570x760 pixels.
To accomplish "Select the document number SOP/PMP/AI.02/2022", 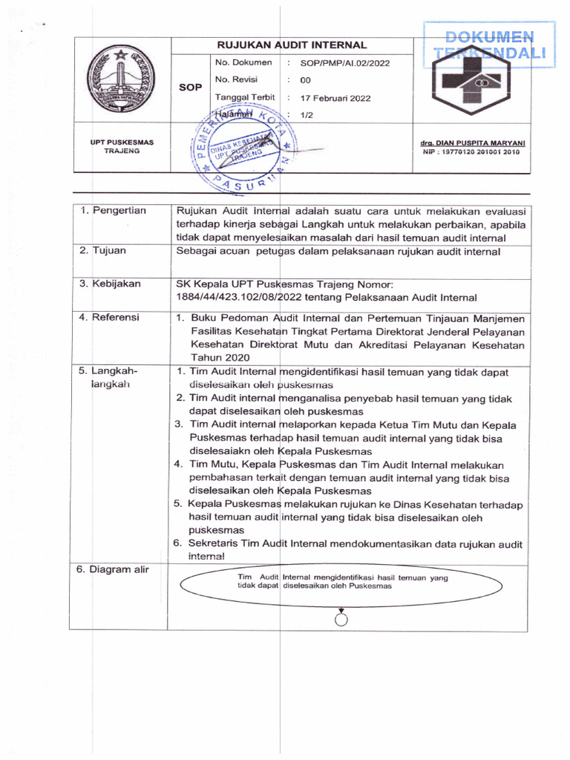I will tap(344, 63).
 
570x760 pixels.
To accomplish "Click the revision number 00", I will tap(306, 80).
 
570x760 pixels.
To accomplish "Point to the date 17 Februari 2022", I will tap(335, 98).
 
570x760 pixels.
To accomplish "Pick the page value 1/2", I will tap(307, 115).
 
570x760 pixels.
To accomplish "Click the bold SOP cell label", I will tap(191, 88).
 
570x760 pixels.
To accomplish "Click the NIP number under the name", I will tap(471, 152).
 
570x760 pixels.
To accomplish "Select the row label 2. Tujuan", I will tap(103, 251).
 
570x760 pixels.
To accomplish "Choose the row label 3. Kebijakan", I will tap(110, 284).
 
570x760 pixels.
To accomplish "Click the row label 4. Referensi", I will tap(110, 317).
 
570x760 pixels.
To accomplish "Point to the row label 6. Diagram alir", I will tap(114, 570).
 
